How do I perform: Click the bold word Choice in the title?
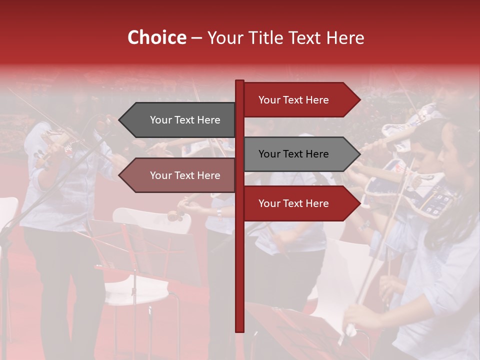click(x=156, y=37)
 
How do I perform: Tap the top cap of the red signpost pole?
click(x=239, y=81)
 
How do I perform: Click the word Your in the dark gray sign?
click(x=160, y=120)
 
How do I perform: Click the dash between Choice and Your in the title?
click(x=196, y=37)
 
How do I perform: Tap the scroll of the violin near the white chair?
click(x=175, y=216)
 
